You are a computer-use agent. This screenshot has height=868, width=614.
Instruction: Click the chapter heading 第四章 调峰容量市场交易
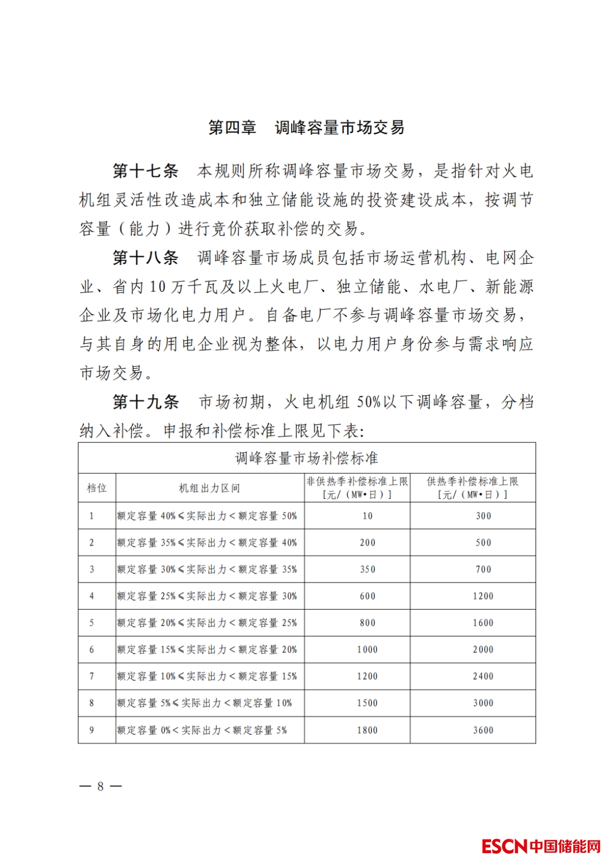click(306, 127)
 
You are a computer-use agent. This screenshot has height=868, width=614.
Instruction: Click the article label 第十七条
click(145, 171)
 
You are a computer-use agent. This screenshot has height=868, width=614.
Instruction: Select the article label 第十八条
click(145, 258)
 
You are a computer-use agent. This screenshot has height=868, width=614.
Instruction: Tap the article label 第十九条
click(145, 402)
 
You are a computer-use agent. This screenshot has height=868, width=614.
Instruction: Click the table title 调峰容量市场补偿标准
click(306, 458)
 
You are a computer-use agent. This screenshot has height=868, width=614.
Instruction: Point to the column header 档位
click(97, 488)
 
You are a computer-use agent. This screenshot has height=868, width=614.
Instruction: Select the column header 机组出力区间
click(210, 488)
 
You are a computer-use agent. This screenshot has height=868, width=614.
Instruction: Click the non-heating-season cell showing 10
click(367, 516)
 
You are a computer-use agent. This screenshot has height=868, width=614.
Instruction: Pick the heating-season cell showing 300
click(483, 516)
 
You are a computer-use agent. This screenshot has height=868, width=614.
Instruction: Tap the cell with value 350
click(367, 569)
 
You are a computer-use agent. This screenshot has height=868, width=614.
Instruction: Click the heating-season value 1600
click(483, 623)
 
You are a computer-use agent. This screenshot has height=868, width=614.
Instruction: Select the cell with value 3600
click(483, 730)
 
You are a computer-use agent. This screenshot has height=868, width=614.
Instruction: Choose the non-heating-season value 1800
click(367, 730)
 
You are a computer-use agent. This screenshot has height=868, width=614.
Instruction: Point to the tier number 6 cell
click(92, 650)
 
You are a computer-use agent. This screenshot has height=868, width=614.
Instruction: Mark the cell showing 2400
click(483, 676)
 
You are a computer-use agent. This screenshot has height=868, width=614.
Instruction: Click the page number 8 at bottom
click(101, 786)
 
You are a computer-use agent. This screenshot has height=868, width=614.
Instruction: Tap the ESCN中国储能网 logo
click(541, 846)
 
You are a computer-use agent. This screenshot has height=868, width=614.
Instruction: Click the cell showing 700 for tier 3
click(483, 569)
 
